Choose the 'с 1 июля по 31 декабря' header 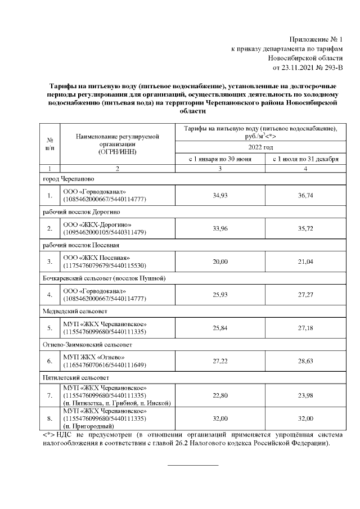pos(305,159)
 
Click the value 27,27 pos(305,294)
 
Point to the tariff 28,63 pos(305,361)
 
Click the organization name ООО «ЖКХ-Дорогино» pos(93,224)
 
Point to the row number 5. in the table pos(50,327)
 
